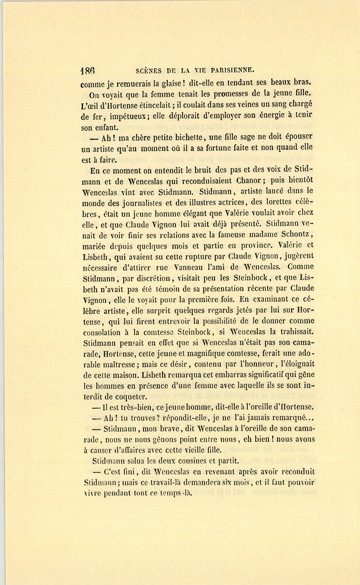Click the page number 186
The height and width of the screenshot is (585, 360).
tap(87, 71)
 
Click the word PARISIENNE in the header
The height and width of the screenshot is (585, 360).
tap(231, 70)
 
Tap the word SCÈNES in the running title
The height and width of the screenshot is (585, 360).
tap(149, 71)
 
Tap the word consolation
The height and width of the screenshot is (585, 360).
tap(102, 332)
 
